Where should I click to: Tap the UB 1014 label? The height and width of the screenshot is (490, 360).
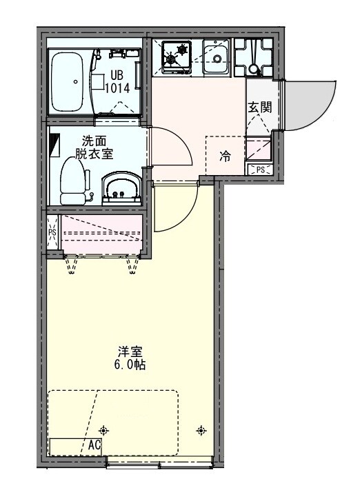[114, 81]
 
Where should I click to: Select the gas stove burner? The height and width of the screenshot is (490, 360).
[177, 54]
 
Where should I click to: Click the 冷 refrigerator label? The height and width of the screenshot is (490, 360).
[225, 156]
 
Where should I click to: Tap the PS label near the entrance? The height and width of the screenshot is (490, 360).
[261, 170]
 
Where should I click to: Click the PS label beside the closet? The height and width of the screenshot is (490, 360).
[52, 232]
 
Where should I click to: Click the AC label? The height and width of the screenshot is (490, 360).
[94, 445]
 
